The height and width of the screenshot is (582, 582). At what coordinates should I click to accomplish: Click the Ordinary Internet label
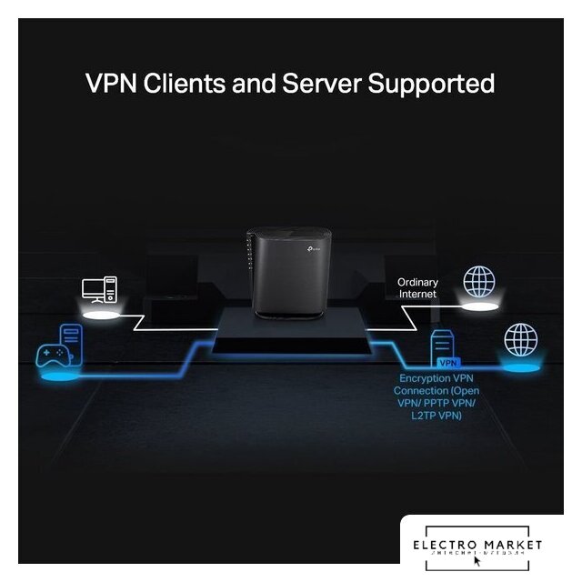coord(417,288)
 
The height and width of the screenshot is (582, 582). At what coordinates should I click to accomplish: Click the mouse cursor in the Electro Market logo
coord(477,561)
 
